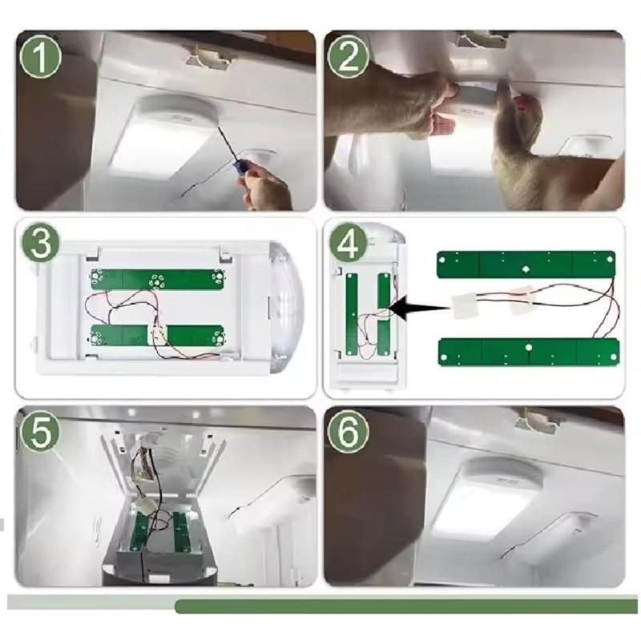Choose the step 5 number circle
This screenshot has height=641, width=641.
pyautogui.click(x=42, y=433)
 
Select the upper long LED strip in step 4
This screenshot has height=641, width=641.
pyautogui.click(x=526, y=262)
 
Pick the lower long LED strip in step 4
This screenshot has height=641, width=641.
pyautogui.click(x=529, y=351)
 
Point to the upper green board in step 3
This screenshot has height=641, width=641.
pyautogui.click(x=156, y=279)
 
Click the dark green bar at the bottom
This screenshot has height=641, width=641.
pyautogui.click(x=405, y=607)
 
